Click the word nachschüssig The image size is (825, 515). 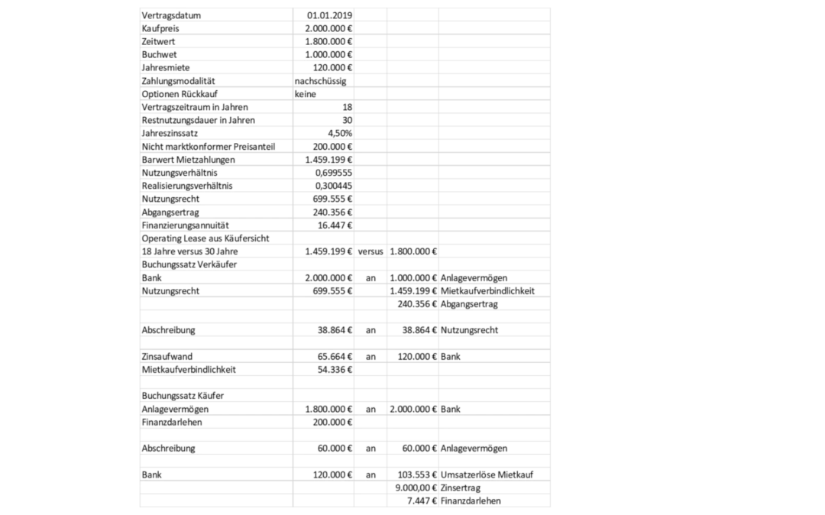[x=321, y=81]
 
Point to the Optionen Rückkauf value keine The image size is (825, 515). [x=306, y=94]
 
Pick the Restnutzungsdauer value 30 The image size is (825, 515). [x=347, y=120]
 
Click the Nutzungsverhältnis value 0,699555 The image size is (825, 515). [x=333, y=173]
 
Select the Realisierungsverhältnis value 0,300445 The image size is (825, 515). [x=333, y=186]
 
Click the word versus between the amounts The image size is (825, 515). [x=370, y=251]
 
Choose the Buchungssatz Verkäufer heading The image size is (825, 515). [x=189, y=264]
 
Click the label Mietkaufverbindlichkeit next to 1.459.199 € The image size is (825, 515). [x=487, y=291]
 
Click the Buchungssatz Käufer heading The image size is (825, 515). [x=182, y=396]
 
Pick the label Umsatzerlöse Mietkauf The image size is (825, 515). [x=487, y=475]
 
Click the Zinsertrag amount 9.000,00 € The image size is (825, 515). [x=415, y=487]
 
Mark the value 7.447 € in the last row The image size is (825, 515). [x=422, y=500]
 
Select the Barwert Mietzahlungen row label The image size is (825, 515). [x=188, y=160]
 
